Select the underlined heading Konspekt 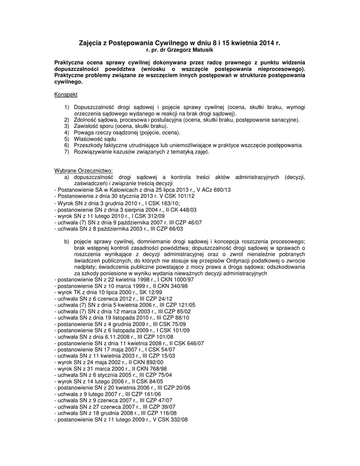[66, 95]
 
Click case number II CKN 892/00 [145, 362]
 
